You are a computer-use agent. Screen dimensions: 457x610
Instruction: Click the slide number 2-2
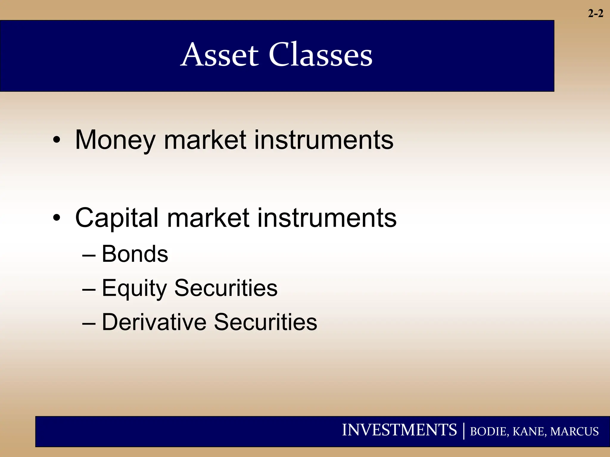(595, 13)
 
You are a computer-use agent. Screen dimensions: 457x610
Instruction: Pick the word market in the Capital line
(208, 218)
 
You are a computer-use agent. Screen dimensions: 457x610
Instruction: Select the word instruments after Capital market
(327, 218)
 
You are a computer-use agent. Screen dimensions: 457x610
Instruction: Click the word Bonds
(135, 254)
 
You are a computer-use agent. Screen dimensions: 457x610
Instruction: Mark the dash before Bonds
(89, 255)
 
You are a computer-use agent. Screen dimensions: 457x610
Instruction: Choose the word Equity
(134, 288)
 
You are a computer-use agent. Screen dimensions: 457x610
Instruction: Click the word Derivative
(154, 322)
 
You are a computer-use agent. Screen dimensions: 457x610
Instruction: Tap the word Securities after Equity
(226, 288)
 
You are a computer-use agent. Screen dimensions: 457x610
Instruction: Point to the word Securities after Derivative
(265, 322)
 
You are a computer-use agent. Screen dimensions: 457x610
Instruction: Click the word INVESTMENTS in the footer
(399, 430)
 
